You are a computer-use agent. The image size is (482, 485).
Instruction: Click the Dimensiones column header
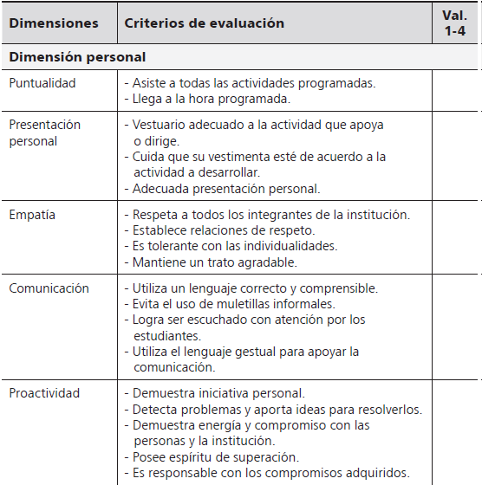(53, 23)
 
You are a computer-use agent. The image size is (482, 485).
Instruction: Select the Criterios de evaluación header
(205, 23)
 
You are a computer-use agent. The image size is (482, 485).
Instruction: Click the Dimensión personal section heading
(77, 57)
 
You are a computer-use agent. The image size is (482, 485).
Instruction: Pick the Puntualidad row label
(42, 83)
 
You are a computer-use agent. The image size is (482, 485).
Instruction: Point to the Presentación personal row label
(44, 133)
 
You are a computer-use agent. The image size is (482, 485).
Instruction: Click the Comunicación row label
(49, 288)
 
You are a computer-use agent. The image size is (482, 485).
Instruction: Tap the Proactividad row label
(44, 392)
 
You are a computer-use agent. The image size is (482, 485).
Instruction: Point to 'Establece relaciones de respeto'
(223, 230)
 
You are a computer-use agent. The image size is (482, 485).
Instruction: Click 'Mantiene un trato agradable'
(214, 262)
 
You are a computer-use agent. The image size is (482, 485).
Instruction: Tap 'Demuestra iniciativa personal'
(218, 393)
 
